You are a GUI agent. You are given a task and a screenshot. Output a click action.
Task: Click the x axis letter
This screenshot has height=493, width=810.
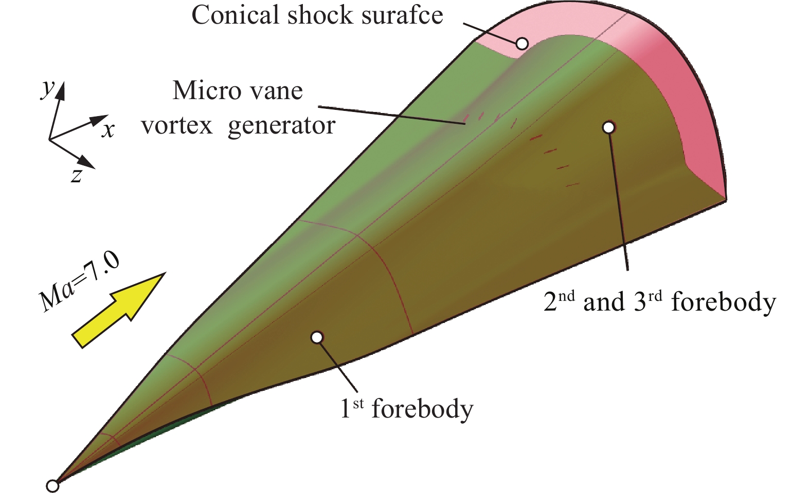pyautogui.click(x=108, y=130)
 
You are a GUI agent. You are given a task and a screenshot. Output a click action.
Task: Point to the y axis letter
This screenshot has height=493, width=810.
pyautogui.click(x=48, y=89)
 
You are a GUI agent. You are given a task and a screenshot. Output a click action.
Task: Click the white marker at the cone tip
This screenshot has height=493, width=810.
pyautogui.click(x=52, y=485)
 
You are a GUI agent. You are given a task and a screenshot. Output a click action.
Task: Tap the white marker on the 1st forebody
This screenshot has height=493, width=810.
pyautogui.click(x=317, y=337)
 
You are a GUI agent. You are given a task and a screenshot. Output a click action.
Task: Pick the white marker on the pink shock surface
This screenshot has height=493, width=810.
pyautogui.click(x=522, y=44)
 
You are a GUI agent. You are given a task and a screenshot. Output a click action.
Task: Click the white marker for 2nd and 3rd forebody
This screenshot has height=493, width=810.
pyautogui.click(x=609, y=127)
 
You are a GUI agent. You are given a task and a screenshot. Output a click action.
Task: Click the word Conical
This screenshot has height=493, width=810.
pyautogui.click(x=235, y=15)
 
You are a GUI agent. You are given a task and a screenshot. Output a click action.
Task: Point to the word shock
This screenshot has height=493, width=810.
pyautogui.click(x=320, y=15)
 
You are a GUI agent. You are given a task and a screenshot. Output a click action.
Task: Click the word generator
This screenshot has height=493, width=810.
pyautogui.click(x=281, y=126)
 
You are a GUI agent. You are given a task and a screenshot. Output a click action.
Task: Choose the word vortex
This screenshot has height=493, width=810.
pyautogui.click(x=177, y=126)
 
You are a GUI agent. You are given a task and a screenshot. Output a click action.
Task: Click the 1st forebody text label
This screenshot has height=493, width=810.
pyautogui.click(x=406, y=409)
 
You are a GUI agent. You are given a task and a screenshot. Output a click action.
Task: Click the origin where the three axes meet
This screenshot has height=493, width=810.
pyautogui.click(x=49, y=139)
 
